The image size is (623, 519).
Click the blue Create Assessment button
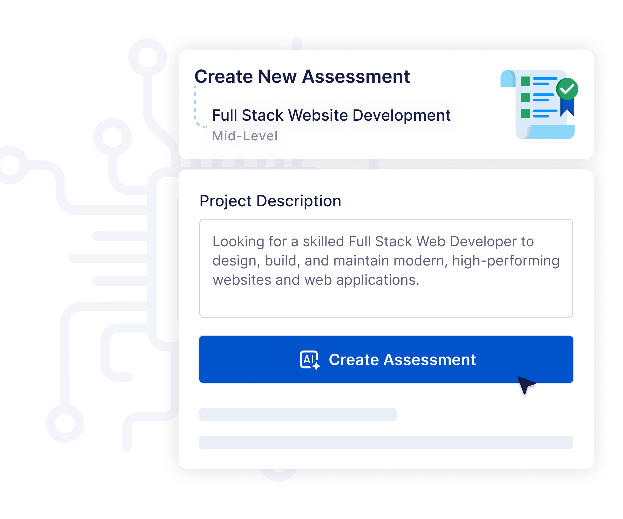tap(386, 359)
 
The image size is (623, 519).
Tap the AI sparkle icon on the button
tap(310, 360)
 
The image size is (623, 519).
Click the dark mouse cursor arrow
tap(526, 385)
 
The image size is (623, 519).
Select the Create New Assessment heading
tap(302, 77)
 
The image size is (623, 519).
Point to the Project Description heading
tap(270, 201)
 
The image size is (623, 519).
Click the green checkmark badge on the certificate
tap(567, 89)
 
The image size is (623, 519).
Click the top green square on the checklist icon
tap(525, 81)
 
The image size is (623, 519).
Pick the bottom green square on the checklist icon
tap(525, 113)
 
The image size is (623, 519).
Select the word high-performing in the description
tap(506, 261)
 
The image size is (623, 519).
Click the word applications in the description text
tap(378, 280)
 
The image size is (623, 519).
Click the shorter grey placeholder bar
tap(298, 414)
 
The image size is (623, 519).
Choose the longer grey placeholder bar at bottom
tap(386, 442)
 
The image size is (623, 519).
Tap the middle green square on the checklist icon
tap(525, 97)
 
